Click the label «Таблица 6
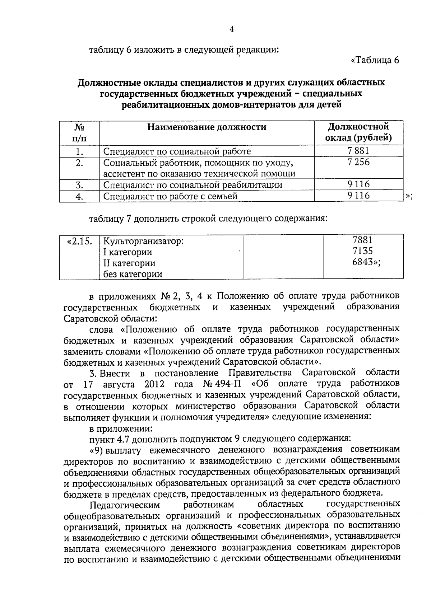click(x=375, y=60)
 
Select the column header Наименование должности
click(x=207, y=127)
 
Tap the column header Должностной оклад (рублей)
click(x=358, y=132)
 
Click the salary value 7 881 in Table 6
click(x=358, y=151)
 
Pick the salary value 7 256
click(x=358, y=162)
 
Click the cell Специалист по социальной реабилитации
click(x=193, y=185)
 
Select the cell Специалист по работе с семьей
click(x=171, y=196)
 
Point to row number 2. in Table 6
click(x=79, y=163)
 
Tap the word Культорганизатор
click(x=143, y=241)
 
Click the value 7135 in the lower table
click(x=363, y=251)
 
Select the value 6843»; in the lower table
click(x=366, y=262)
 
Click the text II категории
click(x=129, y=263)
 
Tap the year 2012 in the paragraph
click(x=154, y=384)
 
